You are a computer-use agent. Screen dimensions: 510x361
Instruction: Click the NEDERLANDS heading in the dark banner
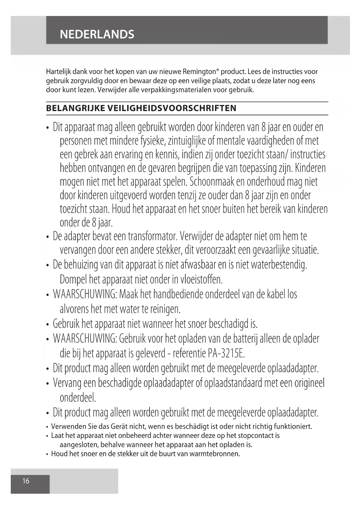[x=97, y=34]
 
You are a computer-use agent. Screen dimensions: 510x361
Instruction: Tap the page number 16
[x=26, y=481]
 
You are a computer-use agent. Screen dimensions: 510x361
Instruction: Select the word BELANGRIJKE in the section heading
[x=75, y=108]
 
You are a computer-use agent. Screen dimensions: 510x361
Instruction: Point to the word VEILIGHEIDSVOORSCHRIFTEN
[x=172, y=108]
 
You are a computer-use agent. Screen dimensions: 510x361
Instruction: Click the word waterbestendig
[x=279, y=265]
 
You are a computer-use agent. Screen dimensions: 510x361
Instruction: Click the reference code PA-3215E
[x=226, y=354]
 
